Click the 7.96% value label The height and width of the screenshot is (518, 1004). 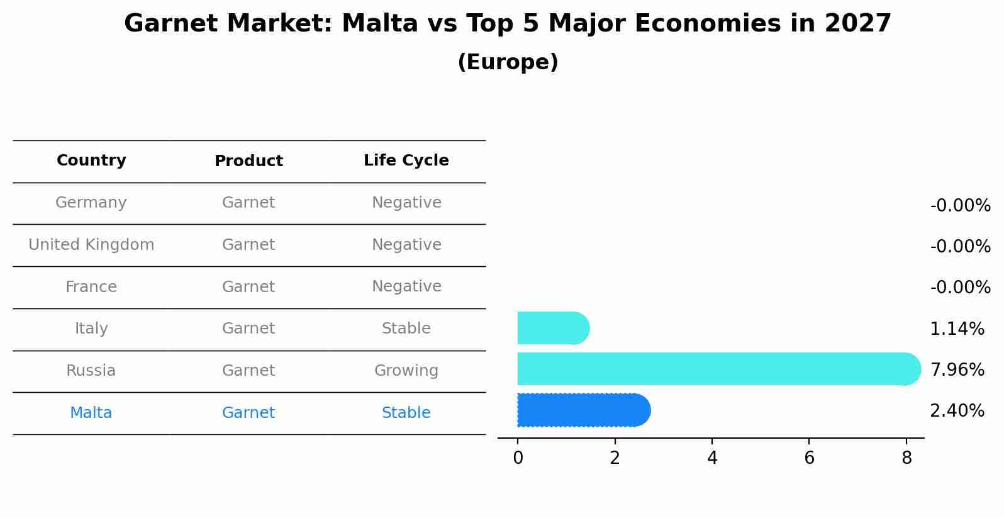pyautogui.click(x=957, y=369)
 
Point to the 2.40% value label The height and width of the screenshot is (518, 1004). pyautogui.click(x=957, y=411)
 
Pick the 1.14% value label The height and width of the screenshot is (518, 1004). pyautogui.click(x=957, y=329)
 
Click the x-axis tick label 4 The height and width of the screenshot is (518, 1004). pyautogui.click(x=712, y=458)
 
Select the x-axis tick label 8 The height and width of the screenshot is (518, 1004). pyautogui.click(x=906, y=458)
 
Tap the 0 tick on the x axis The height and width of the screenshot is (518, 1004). pyautogui.click(x=518, y=458)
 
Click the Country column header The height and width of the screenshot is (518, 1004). pyautogui.click(x=91, y=160)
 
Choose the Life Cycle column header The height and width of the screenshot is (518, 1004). pyautogui.click(x=406, y=160)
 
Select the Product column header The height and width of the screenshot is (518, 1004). pyautogui.click(x=248, y=161)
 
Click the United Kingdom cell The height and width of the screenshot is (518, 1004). pyautogui.click(x=91, y=245)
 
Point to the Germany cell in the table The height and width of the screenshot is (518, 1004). pyautogui.click(x=91, y=203)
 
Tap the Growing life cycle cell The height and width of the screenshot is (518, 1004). pyautogui.click(x=406, y=371)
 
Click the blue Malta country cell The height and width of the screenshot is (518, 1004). pyautogui.click(x=91, y=413)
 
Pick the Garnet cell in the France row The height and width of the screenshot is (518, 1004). pyautogui.click(x=248, y=287)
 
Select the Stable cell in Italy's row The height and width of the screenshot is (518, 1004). pyautogui.click(x=406, y=329)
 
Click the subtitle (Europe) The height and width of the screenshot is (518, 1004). pyautogui.click(x=508, y=62)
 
